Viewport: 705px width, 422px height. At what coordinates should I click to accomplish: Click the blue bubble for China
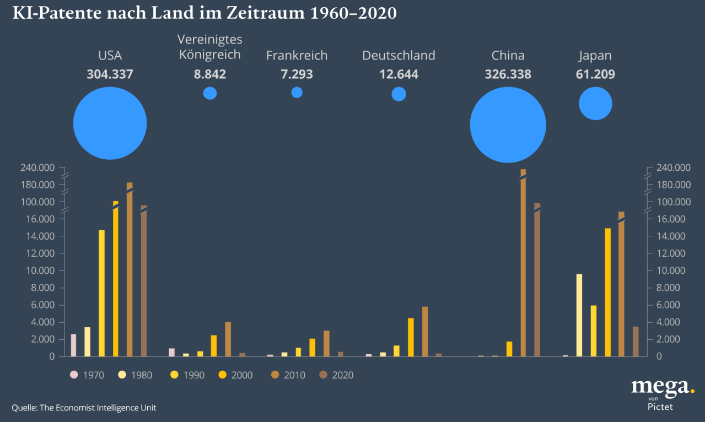508,125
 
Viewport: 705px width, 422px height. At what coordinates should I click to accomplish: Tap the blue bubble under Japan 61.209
595,103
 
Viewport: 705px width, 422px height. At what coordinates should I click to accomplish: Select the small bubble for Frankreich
297,93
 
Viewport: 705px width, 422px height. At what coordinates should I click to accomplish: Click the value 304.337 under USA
110,74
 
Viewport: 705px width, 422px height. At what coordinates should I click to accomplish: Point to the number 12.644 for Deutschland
399,74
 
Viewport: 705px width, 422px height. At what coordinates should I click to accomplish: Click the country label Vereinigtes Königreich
210,47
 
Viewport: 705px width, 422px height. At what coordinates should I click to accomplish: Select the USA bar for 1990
101,293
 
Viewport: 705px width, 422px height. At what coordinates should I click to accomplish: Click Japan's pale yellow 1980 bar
579,315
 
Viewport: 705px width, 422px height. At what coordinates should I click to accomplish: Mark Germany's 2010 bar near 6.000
425,332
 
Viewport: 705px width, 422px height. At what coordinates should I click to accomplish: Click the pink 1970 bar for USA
73,345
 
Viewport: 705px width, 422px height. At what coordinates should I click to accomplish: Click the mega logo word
659,387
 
